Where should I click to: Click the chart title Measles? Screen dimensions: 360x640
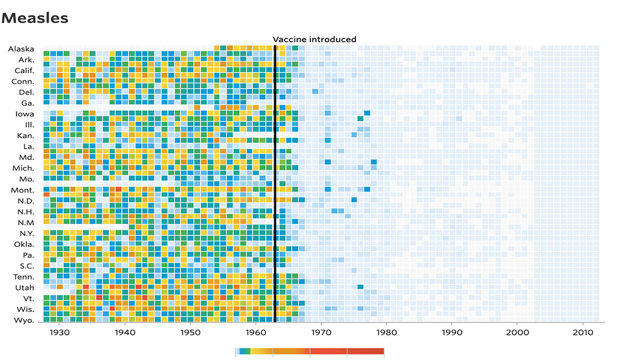click(x=35, y=18)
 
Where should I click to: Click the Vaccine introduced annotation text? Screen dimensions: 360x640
click(x=314, y=39)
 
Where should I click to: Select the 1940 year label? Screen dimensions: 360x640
click(x=125, y=332)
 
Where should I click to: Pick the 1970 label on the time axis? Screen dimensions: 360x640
click(x=321, y=332)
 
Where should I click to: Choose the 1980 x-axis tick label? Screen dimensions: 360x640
click(x=386, y=332)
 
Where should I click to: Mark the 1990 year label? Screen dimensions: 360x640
click(x=451, y=332)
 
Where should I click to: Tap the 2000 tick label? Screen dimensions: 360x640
click(x=517, y=332)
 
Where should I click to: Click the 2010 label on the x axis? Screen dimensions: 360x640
click(x=582, y=332)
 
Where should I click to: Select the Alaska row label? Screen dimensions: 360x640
click(x=21, y=49)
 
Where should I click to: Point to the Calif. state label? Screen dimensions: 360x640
click(x=24, y=71)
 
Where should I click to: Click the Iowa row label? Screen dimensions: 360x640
click(x=24, y=114)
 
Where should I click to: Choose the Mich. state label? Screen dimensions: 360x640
click(x=23, y=168)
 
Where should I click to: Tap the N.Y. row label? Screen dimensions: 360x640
click(x=26, y=234)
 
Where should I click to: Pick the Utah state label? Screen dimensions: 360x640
click(x=25, y=287)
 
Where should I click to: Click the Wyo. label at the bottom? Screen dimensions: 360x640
click(x=24, y=320)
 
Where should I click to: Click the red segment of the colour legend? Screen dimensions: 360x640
click(x=346, y=351)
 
